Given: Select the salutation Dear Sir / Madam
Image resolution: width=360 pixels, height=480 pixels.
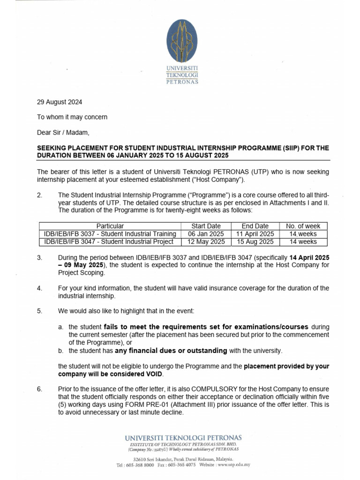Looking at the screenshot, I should pos(62,132).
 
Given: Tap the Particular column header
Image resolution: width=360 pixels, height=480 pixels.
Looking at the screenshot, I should pos(110,226).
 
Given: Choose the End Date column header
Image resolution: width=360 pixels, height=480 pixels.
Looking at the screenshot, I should pos(255,226).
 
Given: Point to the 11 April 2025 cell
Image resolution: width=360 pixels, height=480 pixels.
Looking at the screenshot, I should pos(255,233).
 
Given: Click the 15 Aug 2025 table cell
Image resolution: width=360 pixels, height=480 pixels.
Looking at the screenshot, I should pos(255,241).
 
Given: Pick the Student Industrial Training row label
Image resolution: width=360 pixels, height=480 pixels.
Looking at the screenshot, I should pos(110,233).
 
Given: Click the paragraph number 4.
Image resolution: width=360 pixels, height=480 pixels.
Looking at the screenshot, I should pos(39,288).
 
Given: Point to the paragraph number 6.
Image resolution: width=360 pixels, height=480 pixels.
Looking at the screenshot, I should pos(39,389).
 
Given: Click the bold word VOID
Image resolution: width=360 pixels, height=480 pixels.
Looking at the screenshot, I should pos(154,374).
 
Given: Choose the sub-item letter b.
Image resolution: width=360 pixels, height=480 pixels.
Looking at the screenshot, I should pos(60,350).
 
